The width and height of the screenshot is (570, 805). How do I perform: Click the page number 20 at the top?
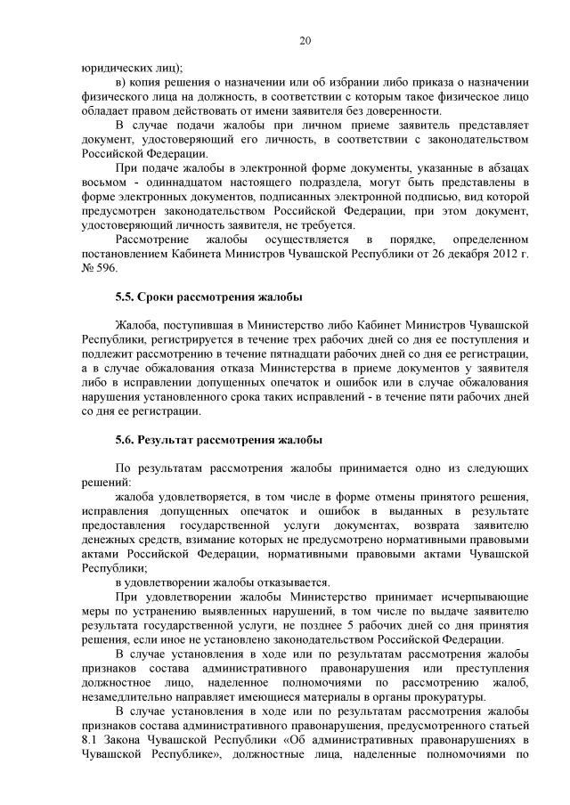305,41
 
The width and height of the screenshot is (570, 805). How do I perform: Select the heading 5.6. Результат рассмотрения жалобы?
218,440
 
